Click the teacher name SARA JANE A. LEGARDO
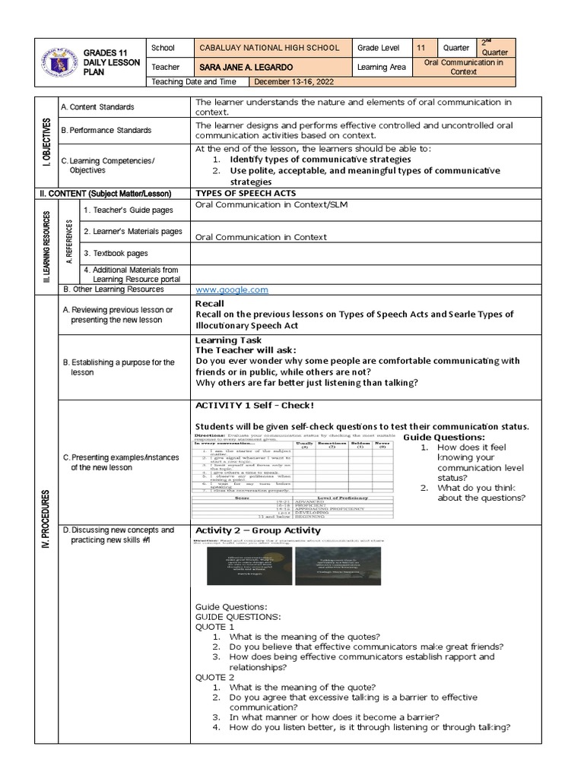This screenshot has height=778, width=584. point(243,67)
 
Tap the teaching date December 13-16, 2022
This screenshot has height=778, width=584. point(293,82)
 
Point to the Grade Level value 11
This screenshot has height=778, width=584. point(421,48)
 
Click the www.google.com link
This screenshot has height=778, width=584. point(232,289)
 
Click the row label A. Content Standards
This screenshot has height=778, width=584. point(97,107)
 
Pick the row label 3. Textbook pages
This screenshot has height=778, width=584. point(116,253)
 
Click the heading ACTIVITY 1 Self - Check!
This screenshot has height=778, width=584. point(254,405)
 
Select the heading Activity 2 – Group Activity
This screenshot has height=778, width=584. point(258,530)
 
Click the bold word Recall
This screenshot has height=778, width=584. point(210,303)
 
